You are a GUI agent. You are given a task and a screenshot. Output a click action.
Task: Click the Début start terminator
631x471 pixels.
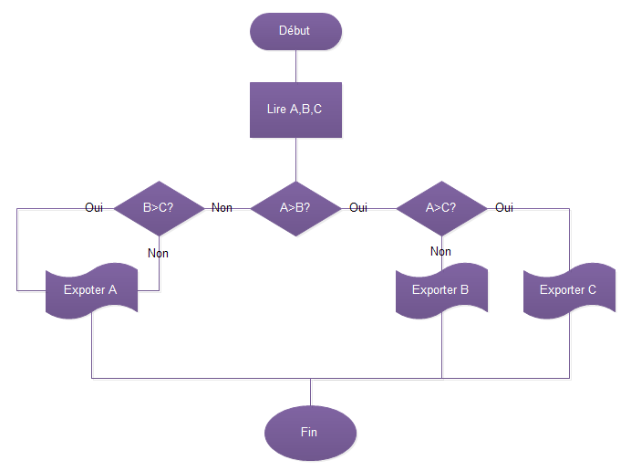295,30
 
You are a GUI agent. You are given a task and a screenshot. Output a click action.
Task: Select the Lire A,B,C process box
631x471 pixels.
295,110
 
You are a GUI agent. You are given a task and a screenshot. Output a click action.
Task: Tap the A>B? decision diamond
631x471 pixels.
295,207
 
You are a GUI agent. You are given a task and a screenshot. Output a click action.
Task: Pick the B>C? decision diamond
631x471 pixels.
160,207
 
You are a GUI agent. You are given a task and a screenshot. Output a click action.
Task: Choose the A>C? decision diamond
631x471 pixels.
441,207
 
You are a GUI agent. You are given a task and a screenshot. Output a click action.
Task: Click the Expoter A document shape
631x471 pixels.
91,290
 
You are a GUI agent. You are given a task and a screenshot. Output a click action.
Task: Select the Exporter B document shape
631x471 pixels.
441,290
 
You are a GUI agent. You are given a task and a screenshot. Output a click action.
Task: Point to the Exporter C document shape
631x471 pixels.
569,290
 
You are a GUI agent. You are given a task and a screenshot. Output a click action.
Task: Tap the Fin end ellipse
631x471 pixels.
310,432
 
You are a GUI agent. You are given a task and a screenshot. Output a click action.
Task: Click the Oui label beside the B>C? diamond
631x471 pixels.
94,207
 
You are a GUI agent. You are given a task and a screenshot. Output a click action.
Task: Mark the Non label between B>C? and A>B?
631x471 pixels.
222,207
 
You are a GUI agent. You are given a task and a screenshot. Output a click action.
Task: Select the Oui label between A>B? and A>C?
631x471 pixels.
358,207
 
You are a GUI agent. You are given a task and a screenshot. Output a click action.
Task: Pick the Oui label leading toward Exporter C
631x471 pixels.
504,207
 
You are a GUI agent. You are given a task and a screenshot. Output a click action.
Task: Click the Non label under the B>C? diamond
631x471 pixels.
159,253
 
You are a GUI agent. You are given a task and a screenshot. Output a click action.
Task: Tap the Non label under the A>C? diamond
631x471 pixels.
440,251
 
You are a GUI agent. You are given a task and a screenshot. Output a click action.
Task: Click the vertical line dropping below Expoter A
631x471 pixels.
91,347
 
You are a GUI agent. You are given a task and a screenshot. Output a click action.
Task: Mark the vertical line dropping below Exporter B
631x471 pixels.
441,347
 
